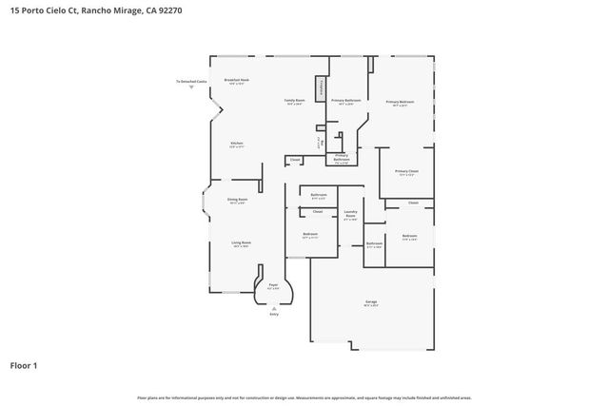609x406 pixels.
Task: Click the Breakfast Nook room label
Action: click(236, 82)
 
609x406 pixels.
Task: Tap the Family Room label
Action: click(295, 101)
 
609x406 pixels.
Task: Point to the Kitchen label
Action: click(236, 145)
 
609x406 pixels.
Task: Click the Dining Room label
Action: click(237, 201)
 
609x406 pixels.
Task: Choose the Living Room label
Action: click(241, 244)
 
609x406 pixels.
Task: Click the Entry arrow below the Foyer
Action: click(274, 307)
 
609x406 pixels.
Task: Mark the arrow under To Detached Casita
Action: click(190, 87)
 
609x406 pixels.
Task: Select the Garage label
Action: click(370, 303)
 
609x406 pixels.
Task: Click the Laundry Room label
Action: click(350, 215)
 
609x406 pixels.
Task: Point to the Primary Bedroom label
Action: click(400, 103)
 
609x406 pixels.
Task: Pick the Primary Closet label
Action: click(406, 173)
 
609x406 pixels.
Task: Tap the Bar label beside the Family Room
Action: click(323, 145)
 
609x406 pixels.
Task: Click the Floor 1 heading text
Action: click(24, 364)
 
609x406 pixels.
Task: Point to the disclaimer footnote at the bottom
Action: click(304, 397)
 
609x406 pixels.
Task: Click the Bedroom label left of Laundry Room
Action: click(310, 235)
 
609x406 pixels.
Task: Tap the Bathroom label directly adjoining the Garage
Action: click(374, 244)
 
